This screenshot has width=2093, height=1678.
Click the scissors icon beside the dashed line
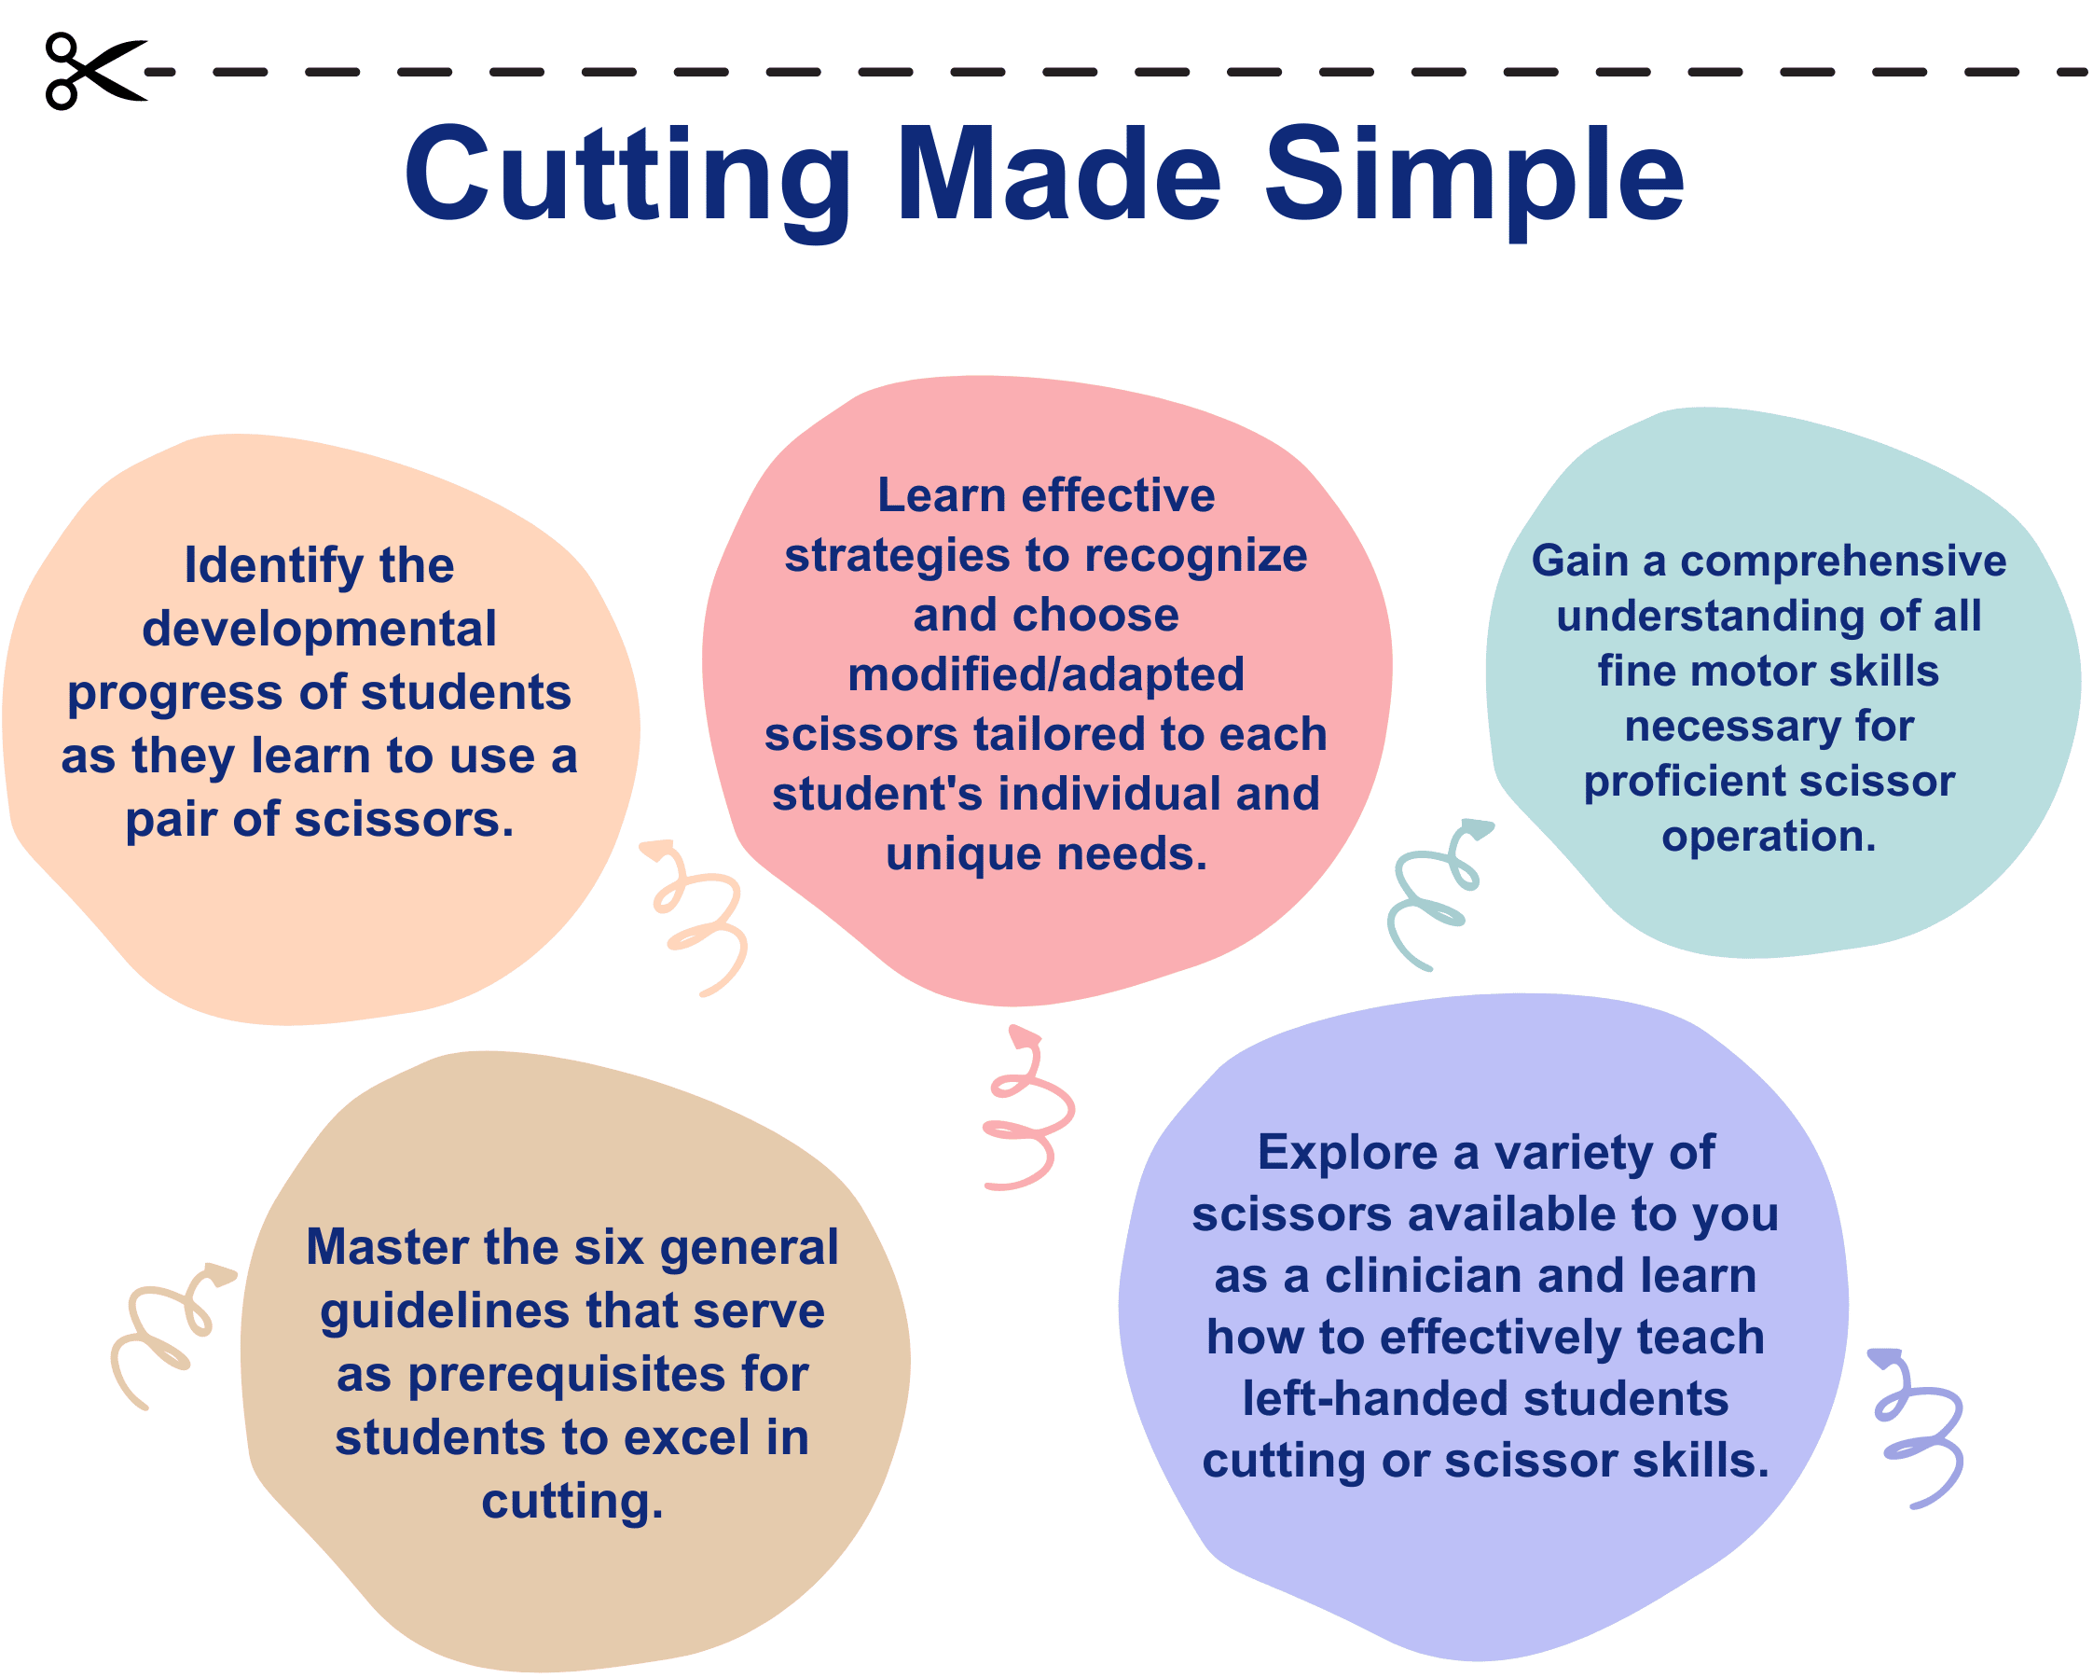click(95, 71)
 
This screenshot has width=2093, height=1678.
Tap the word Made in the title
click(1059, 173)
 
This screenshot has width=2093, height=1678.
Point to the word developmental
click(320, 629)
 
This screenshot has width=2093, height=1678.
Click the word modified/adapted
click(1045, 674)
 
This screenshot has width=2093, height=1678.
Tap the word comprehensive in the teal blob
click(1843, 562)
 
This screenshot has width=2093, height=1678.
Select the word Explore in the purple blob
click(1347, 1153)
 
